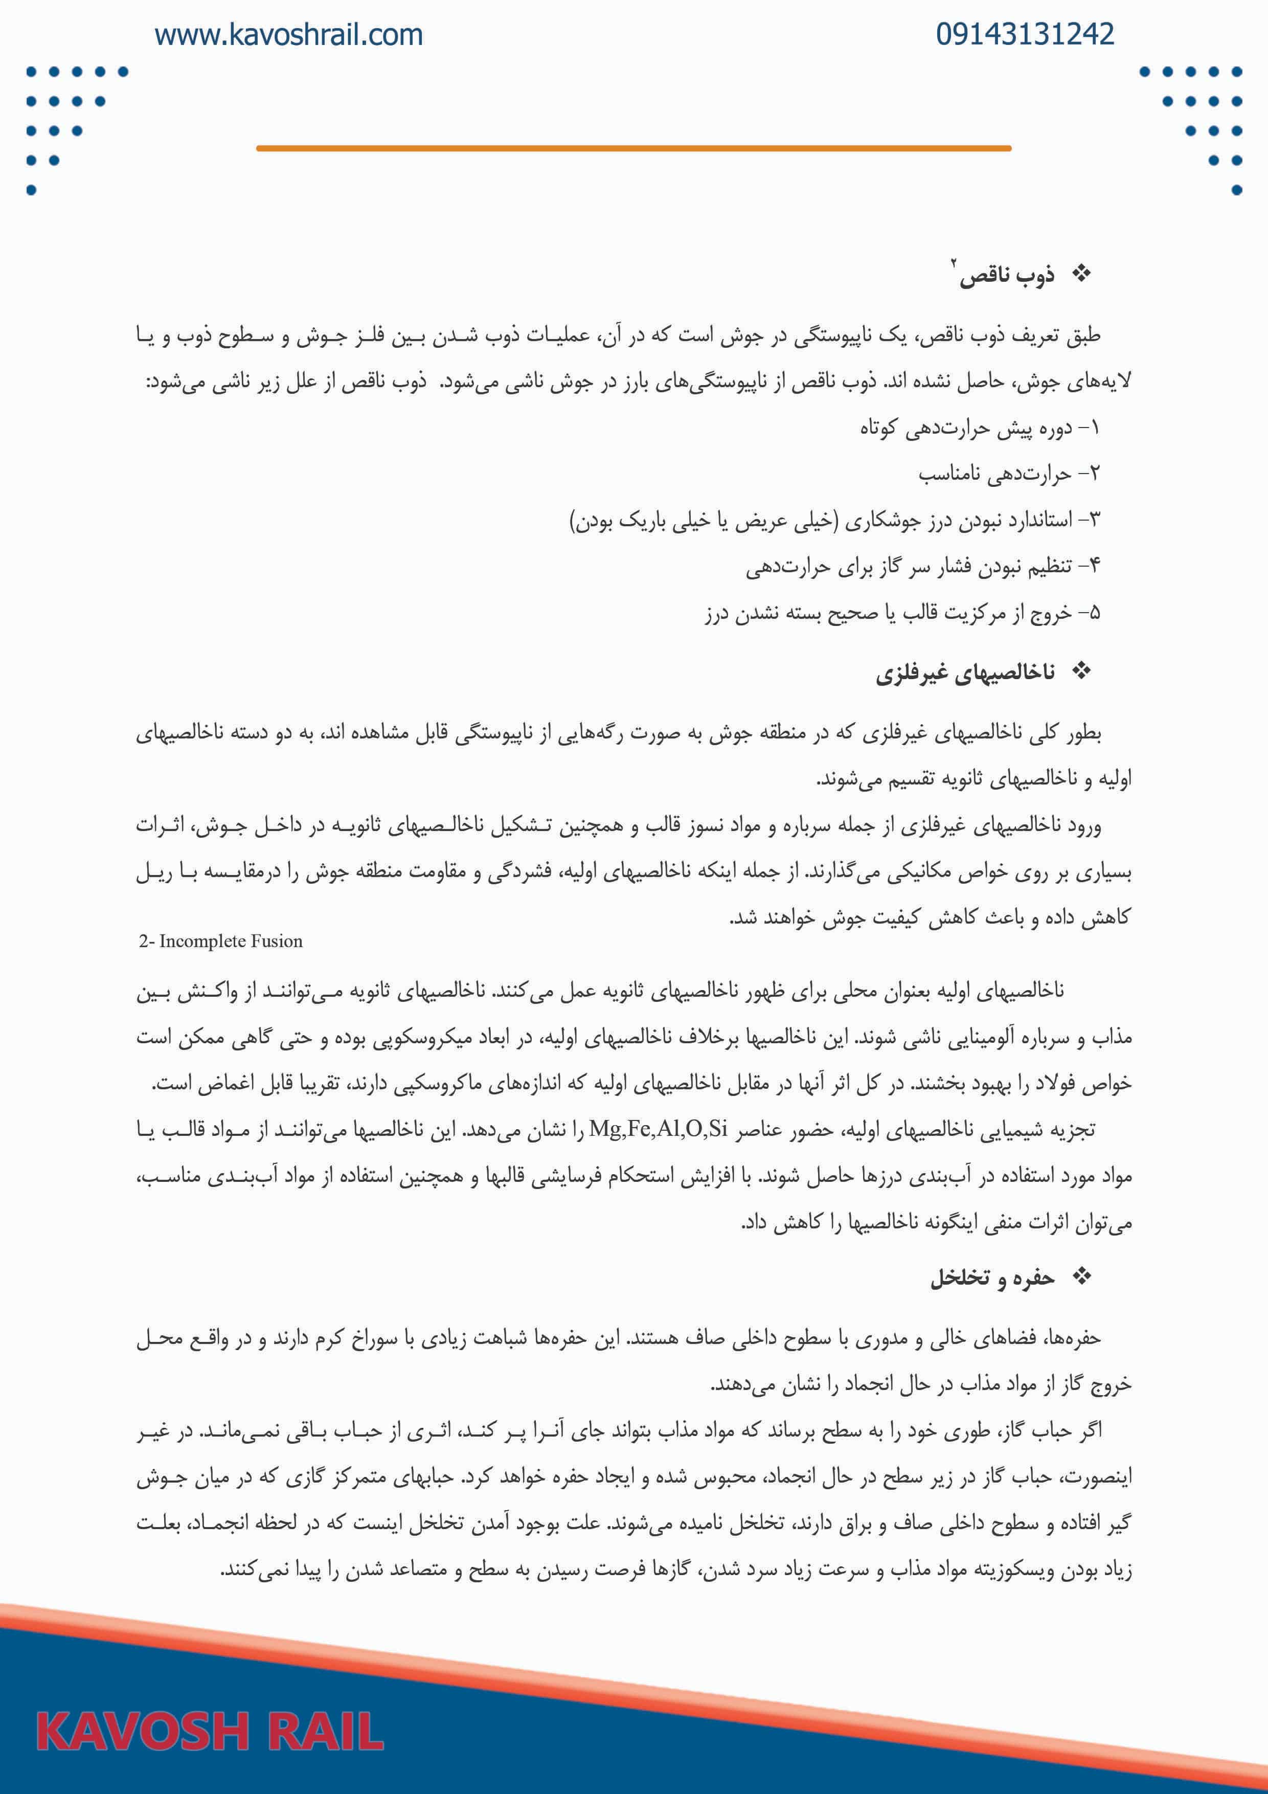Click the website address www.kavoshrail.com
[x=288, y=35]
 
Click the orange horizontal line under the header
[x=633, y=148]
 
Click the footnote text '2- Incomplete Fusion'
[x=220, y=941]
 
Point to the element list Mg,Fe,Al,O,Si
[x=658, y=1128]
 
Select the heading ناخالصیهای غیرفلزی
[x=965, y=672]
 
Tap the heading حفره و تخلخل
[x=991, y=1277]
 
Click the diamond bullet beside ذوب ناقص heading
[x=1081, y=274]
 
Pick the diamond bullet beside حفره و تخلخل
[x=1081, y=1277]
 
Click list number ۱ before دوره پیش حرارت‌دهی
[x=1094, y=428]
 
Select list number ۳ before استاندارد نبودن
[x=1093, y=520]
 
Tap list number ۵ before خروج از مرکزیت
[x=1094, y=613]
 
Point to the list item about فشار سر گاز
[x=907, y=567]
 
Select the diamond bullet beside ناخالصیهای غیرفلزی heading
[x=1081, y=670]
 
